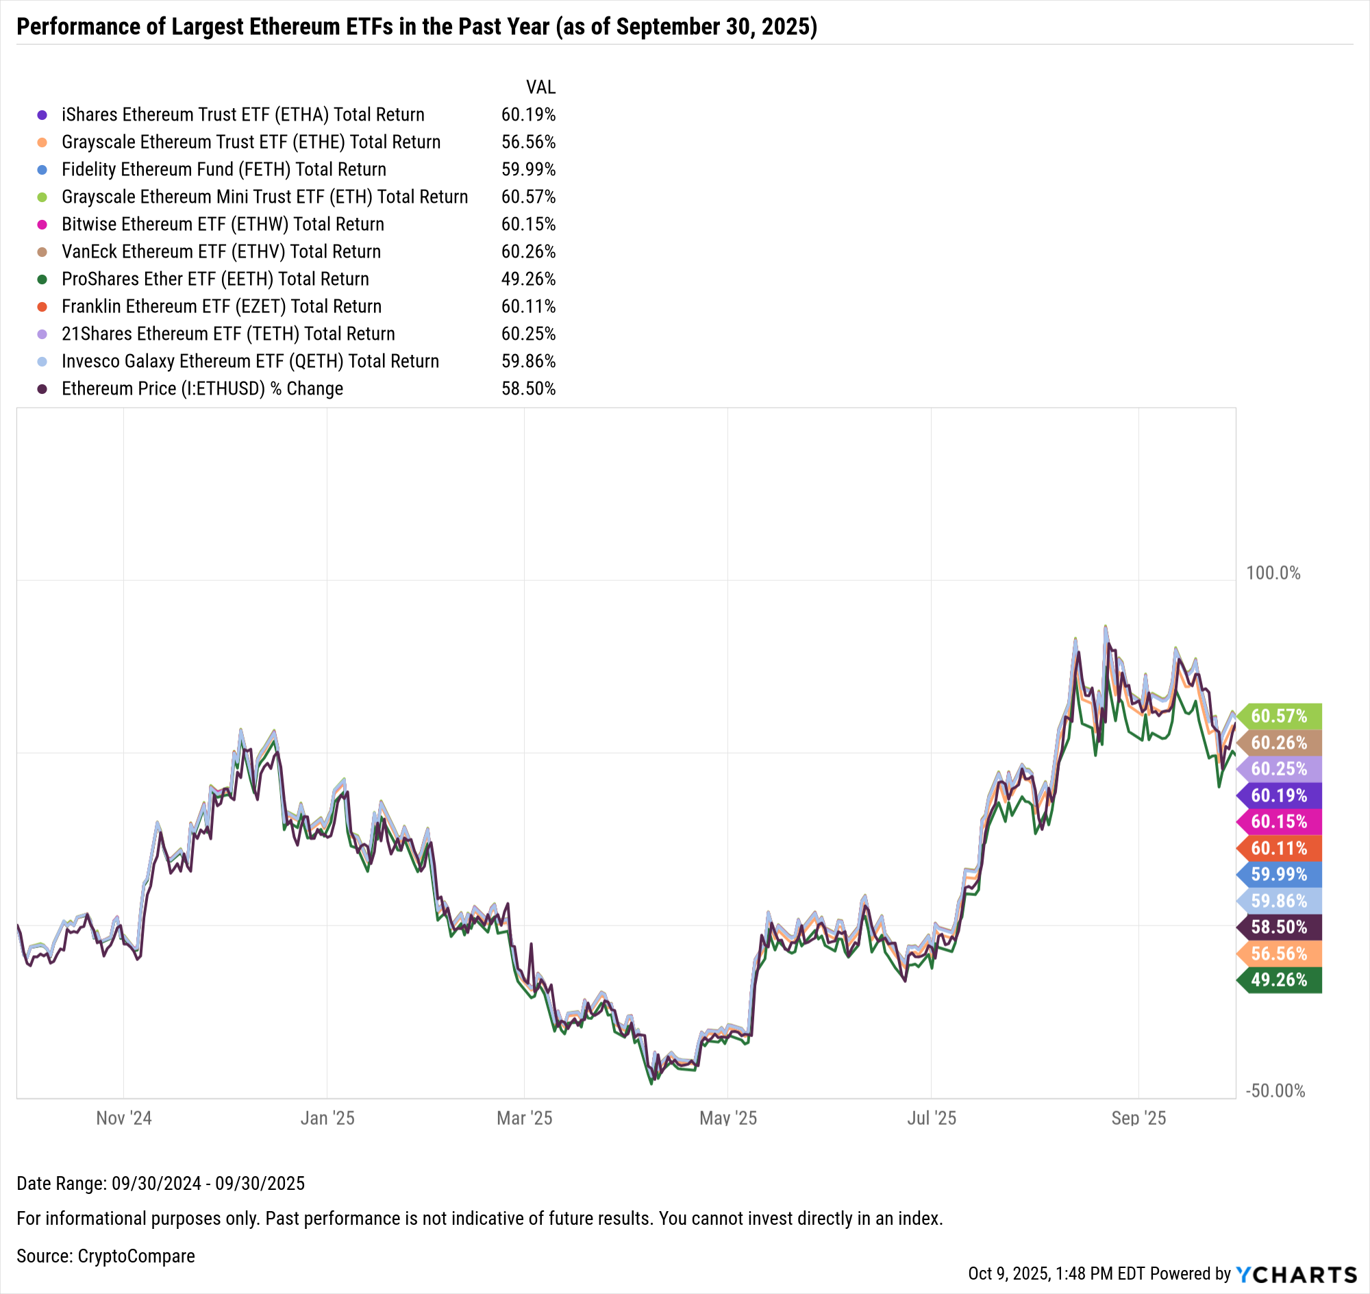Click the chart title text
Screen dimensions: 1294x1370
416,27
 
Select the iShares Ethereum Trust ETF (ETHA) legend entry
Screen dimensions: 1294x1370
242,114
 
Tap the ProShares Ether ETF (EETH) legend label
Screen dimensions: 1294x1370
215,279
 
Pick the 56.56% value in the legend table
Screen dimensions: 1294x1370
528,142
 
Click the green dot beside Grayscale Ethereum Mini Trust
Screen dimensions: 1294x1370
42,197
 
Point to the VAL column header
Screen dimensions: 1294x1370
540,88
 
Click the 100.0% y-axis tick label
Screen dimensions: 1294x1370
1273,573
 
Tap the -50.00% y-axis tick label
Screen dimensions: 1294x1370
1275,1091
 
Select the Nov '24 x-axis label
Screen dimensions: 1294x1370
124,1118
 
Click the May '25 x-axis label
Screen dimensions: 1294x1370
727,1118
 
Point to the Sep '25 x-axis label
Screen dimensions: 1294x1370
1138,1118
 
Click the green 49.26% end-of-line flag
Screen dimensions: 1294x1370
1279,980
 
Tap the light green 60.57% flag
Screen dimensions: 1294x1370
1279,716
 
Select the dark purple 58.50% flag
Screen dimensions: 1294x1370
1279,927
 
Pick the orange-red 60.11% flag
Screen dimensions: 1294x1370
1279,849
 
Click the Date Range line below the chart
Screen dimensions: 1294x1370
161,1184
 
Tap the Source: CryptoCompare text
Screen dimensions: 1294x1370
105,1256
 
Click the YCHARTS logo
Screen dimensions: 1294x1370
1297,1274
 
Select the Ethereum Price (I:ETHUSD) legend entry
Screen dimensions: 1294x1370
202,389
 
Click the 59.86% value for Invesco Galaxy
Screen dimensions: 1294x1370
528,362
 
